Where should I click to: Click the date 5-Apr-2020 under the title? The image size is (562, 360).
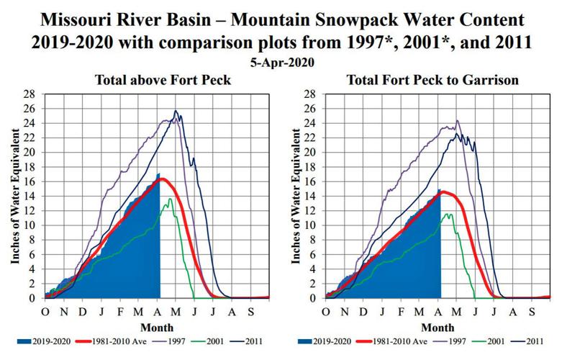pyautogui.click(x=281, y=63)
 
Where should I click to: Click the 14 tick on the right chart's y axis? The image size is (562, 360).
pyautogui.click(x=314, y=196)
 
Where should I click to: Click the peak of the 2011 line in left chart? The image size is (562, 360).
pyautogui.click(x=176, y=111)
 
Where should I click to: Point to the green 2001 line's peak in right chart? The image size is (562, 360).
pyautogui.click(x=450, y=213)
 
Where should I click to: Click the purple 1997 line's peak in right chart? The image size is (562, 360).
pyautogui.click(x=457, y=121)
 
